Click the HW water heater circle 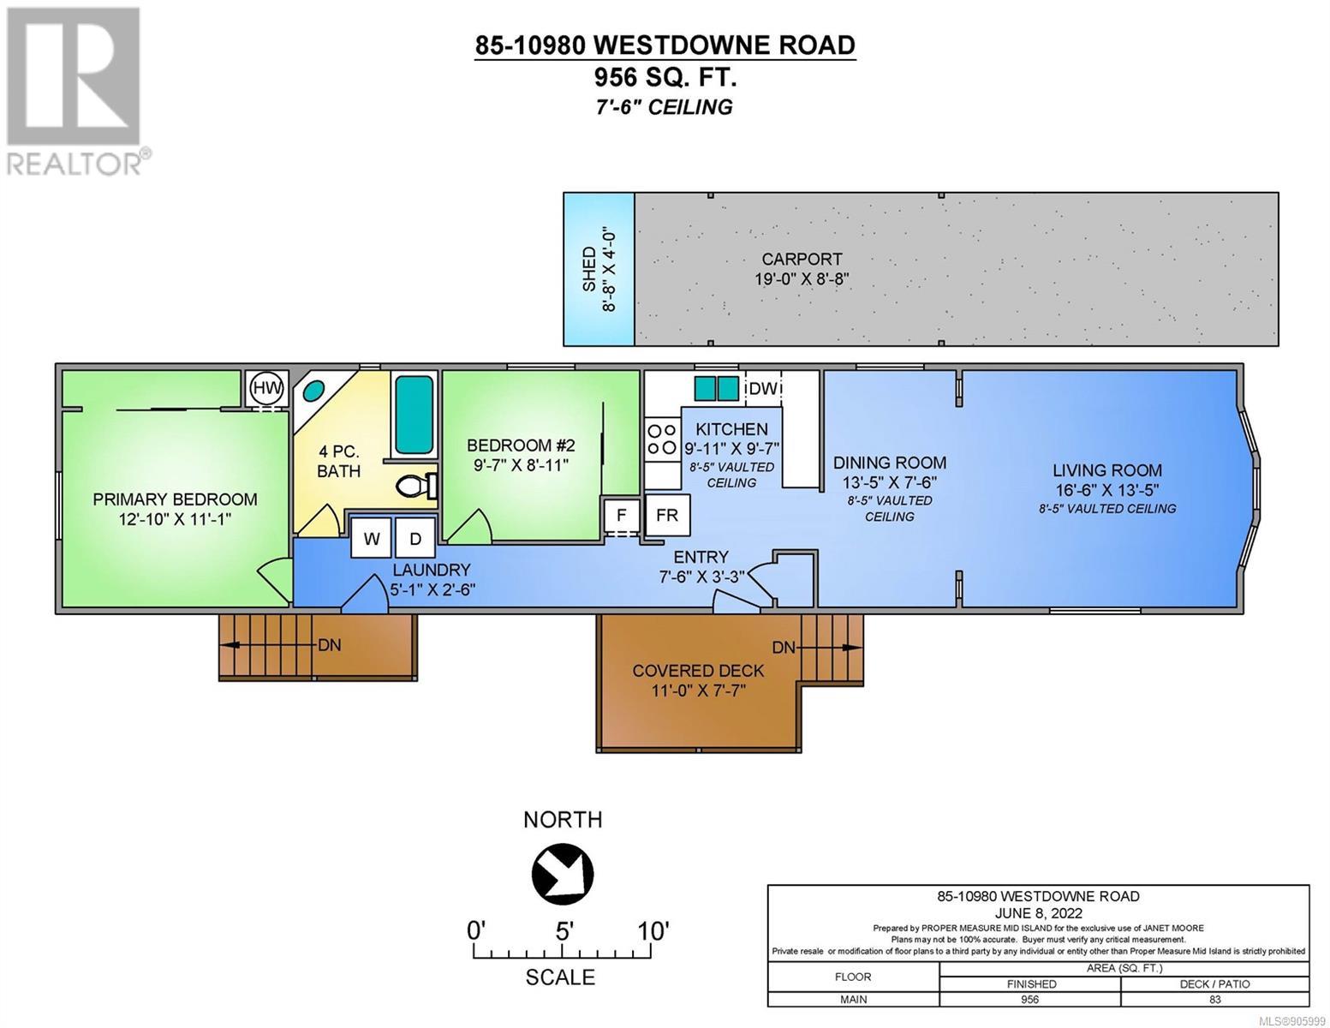click(268, 387)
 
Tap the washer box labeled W click(371, 538)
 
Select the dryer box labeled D click(415, 538)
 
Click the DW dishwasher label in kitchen click(763, 388)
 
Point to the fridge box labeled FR click(666, 515)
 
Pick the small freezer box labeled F click(621, 515)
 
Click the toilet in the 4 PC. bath click(416, 486)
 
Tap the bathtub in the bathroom click(415, 414)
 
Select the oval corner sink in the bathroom click(314, 390)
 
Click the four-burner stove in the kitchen click(662, 439)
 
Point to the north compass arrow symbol click(563, 873)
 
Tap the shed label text click(589, 269)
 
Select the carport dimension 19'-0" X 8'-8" click(802, 278)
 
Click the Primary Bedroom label click(175, 499)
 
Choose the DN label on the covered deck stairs click(784, 647)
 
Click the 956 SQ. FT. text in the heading click(665, 77)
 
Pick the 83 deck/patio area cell click(1214, 999)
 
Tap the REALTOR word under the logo click(75, 164)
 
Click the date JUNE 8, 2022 click(1038, 913)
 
